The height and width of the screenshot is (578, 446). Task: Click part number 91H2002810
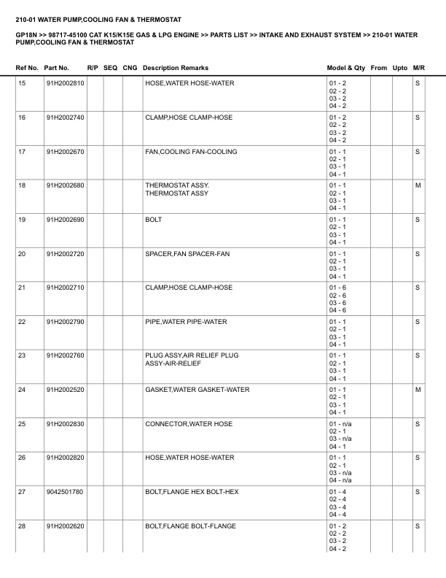tap(65, 83)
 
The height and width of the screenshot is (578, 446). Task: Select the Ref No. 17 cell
tap(22, 152)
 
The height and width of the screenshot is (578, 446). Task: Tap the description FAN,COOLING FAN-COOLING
tap(191, 152)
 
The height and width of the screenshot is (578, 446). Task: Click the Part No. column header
tap(57, 68)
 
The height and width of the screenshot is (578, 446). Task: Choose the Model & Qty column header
tap(345, 68)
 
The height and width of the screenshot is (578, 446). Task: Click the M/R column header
tap(418, 68)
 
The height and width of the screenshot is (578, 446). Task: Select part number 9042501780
tap(65, 492)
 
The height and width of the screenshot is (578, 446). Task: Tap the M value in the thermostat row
tap(418, 185)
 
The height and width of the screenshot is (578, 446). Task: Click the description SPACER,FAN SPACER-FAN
tap(189, 253)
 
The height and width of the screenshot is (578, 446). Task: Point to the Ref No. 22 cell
tap(22, 322)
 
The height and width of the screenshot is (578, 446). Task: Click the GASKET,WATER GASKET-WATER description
tap(197, 390)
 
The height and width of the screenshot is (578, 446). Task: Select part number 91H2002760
tap(65, 355)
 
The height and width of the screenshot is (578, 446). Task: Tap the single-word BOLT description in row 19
tap(153, 220)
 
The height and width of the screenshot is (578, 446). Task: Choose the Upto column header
tap(400, 68)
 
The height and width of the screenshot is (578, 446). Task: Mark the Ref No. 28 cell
tap(22, 526)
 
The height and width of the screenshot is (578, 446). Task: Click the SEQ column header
tap(111, 68)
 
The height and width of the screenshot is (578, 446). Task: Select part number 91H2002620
tap(65, 526)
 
